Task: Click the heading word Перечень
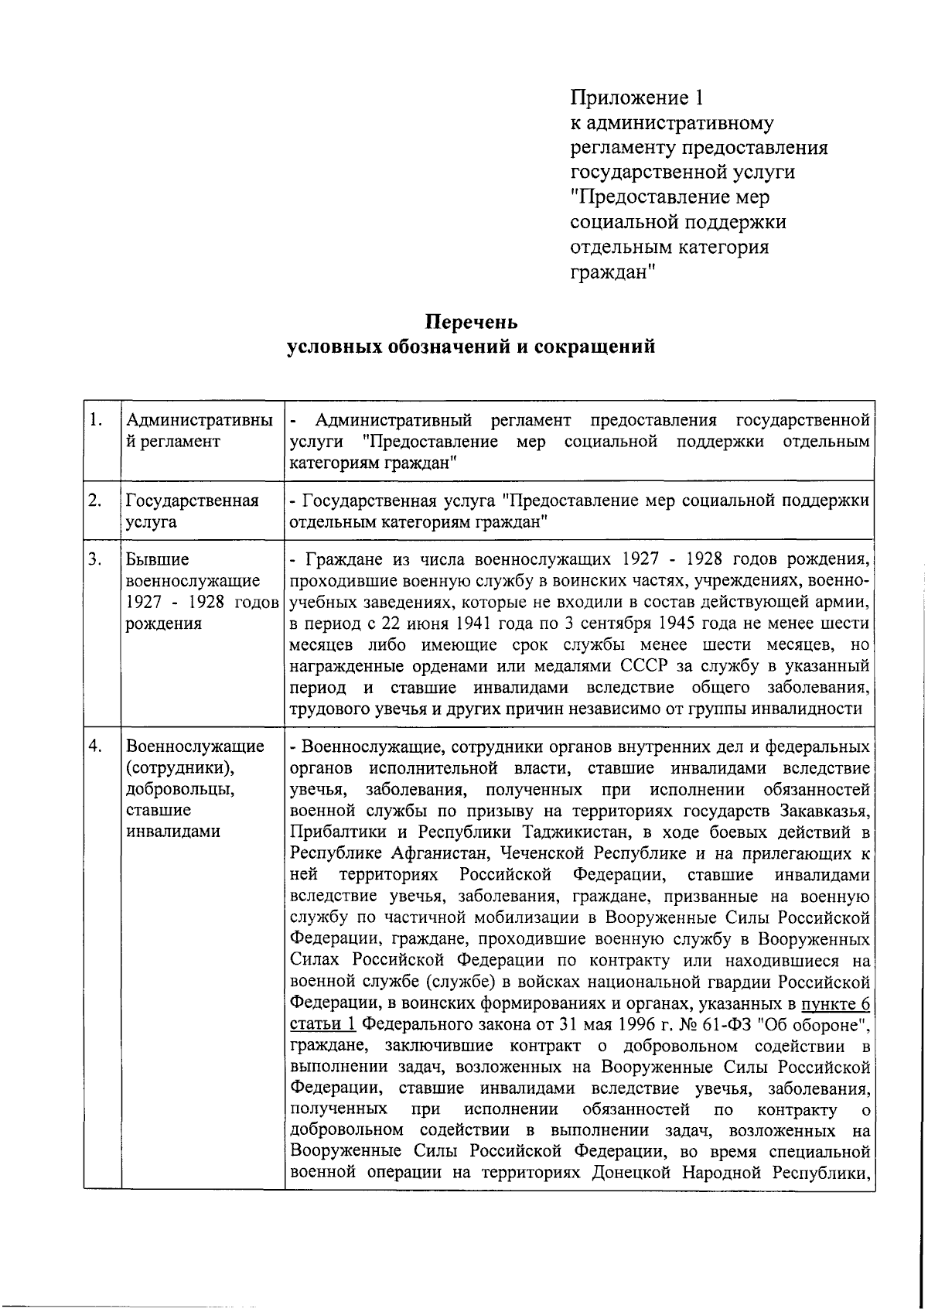471,321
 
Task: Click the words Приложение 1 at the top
636,97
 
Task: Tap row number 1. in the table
96,420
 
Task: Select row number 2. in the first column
96,501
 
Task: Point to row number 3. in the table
96,559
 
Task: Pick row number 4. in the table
96,746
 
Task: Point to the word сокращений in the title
593,347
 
